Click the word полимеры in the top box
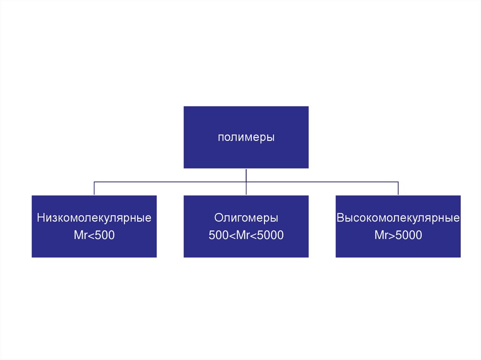(x=246, y=138)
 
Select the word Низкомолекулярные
(x=94, y=219)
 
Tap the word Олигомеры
(x=246, y=219)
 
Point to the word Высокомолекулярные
(x=398, y=219)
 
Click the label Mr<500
(x=94, y=235)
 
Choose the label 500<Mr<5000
(x=246, y=235)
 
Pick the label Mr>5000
(x=398, y=235)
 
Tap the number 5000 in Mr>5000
(x=409, y=235)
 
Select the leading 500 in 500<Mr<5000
(x=218, y=235)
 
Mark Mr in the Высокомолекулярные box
(x=381, y=235)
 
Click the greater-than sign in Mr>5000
(x=391, y=235)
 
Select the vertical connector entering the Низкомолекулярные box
(x=94, y=188)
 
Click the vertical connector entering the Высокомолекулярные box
(x=398, y=188)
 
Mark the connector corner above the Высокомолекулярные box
(x=398, y=182)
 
